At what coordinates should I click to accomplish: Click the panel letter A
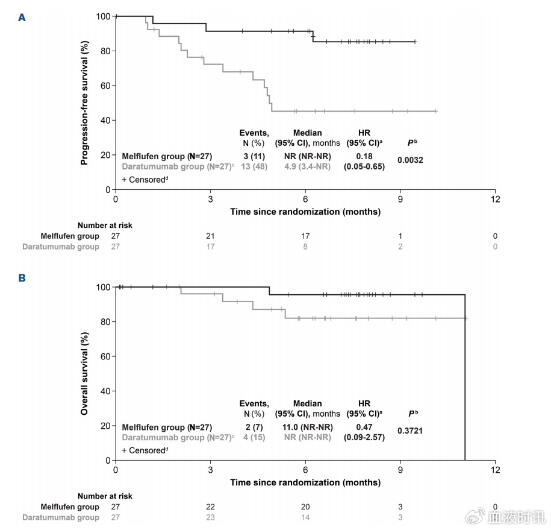22,17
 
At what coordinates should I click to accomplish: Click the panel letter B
22,279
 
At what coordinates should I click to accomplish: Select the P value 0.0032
411,160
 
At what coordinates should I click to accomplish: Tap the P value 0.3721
411,431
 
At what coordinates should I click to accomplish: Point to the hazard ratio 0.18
364,156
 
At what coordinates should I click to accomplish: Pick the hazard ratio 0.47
364,427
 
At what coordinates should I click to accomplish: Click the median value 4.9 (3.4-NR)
307,166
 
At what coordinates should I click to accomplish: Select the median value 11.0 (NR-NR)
307,427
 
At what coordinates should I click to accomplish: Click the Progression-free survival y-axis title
85,103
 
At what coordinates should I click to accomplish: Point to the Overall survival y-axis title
85,373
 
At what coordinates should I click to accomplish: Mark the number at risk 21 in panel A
210,236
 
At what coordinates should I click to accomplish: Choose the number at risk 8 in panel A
305,246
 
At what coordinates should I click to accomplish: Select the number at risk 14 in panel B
305,517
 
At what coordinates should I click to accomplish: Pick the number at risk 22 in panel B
210,506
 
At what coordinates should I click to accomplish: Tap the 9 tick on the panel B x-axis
400,469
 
